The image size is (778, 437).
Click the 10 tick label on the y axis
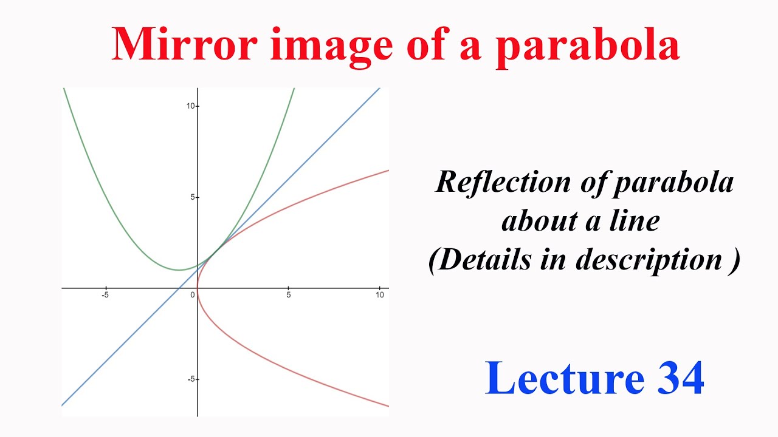190,106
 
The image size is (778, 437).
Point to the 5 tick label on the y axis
193,197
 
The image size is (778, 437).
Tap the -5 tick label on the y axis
191,379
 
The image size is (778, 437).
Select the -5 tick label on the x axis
105,296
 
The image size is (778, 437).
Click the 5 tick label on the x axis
289,296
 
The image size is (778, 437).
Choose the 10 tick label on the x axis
379,296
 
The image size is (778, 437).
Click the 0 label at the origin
193,296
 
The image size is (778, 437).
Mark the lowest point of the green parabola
179,270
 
